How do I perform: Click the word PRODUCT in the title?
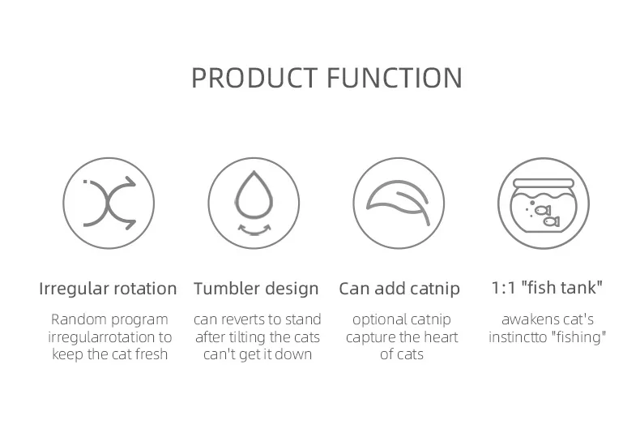pos(254,78)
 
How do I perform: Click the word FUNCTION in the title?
pos(395,78)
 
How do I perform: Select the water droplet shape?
pos(254,195)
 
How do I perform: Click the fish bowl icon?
pos(544,205)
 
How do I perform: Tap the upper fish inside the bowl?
pos(543,210)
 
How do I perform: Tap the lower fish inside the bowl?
pos(551,222)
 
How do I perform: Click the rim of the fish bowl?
pos(544,183)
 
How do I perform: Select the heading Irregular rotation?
pos(108,289)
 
